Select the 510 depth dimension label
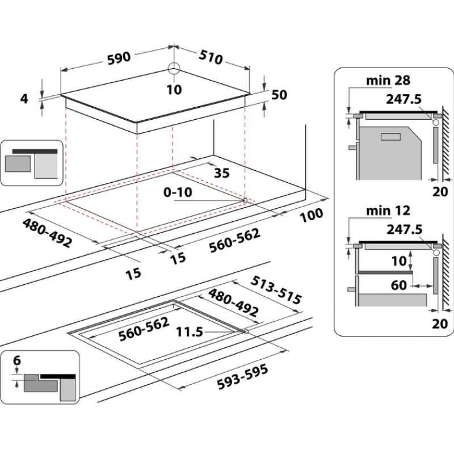tap(211, 57)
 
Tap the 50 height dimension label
tap(279, 95)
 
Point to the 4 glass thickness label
tap(24, 99)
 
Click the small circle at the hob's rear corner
tap(174, 68)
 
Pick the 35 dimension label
tap(222, 173)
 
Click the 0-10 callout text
tap(178, 192)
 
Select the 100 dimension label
tap(311, 215)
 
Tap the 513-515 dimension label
tap(276, 290)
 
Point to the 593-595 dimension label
tap(243, 377)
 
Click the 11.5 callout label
tap(190, 332)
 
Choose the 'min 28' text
tap(388, 80)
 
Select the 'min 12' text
tap(388, 211)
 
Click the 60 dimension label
tap(399, 285)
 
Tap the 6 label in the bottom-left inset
tap(17, 360)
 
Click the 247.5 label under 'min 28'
tap(403, 99)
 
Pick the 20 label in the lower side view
tap(440, 323)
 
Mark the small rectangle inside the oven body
tap(390, 137)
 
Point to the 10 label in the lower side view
tap(399, 261)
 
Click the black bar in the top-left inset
tap(35, 152)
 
